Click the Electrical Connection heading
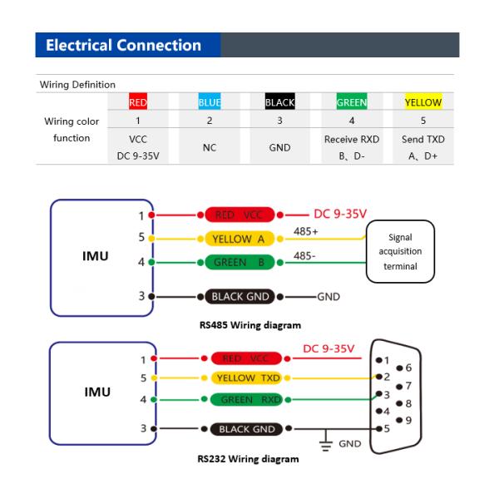coord(124,46)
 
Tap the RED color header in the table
coord(138,103)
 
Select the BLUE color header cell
coord(210,103)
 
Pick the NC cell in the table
coord(210,147)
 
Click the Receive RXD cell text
coord(351,139)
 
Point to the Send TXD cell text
coord(423,139)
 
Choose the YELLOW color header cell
coord(423,103)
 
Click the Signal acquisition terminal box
coord(400,251)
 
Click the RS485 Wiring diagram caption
coord(249,324)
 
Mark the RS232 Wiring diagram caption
coord(249,458)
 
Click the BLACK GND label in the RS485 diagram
coord(240,296)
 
